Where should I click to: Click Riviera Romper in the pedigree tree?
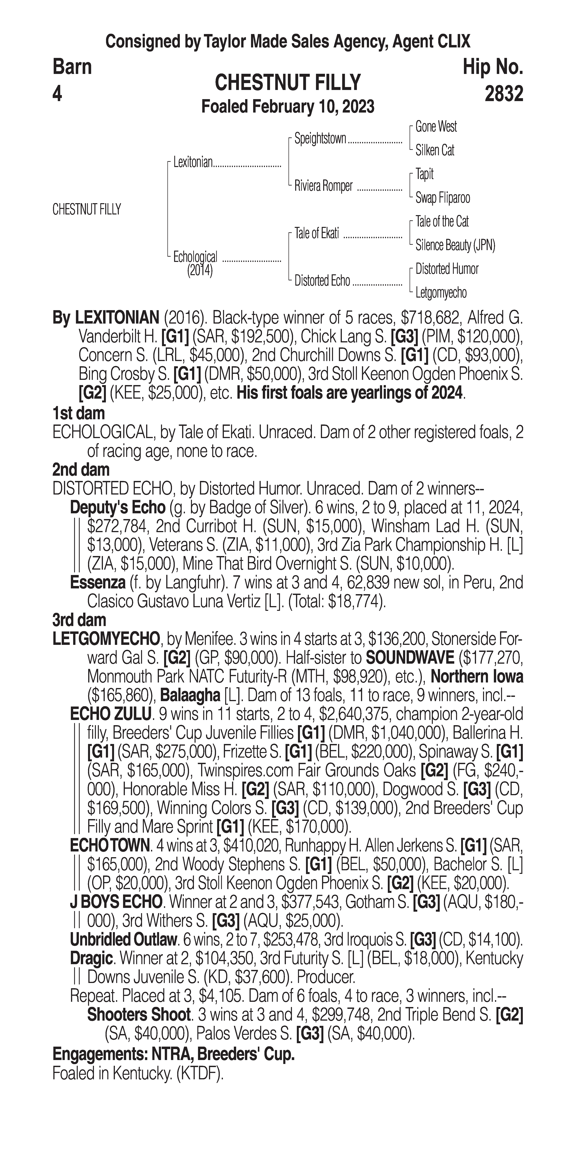coord(323,186)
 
